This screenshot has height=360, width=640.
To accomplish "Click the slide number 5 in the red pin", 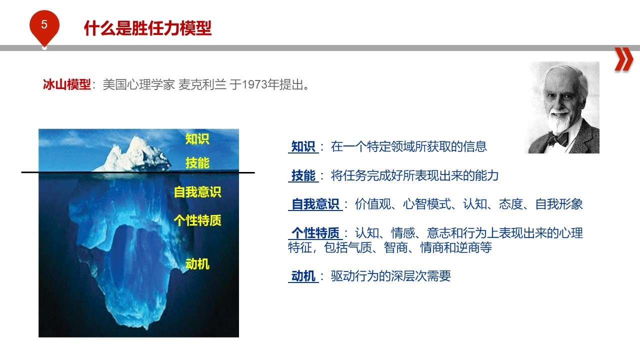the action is [x=44, y=24].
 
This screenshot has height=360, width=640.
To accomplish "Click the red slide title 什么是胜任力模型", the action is [x=147, y=28].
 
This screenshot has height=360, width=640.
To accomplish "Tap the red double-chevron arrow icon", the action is [x=623, y=59].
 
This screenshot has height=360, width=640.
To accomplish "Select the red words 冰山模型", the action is [x=67, y=84].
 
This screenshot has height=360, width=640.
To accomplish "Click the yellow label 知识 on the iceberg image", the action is [x=197, y=139].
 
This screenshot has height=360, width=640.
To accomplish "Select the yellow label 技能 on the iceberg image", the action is [x=197, y=163].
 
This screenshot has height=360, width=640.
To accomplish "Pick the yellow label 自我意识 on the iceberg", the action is [x=197, y=191].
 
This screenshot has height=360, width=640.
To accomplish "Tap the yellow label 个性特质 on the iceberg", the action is [x=197, y=220].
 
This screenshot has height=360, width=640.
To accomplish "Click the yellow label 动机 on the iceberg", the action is [x=197, y=263].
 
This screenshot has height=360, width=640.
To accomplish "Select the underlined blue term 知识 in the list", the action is [x=303, y=146].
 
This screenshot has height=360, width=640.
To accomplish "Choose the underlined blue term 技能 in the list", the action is [x=303, y=175].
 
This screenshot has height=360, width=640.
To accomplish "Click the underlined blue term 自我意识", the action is [x=315, y=204].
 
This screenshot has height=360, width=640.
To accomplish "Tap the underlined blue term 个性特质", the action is [x=315, y=233].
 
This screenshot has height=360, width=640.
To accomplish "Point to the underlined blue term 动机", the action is [x=303, y=276].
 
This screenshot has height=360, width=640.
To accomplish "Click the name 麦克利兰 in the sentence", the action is [x=202, y=84].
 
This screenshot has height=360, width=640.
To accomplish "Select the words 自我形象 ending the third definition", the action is [x=559, y=204].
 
